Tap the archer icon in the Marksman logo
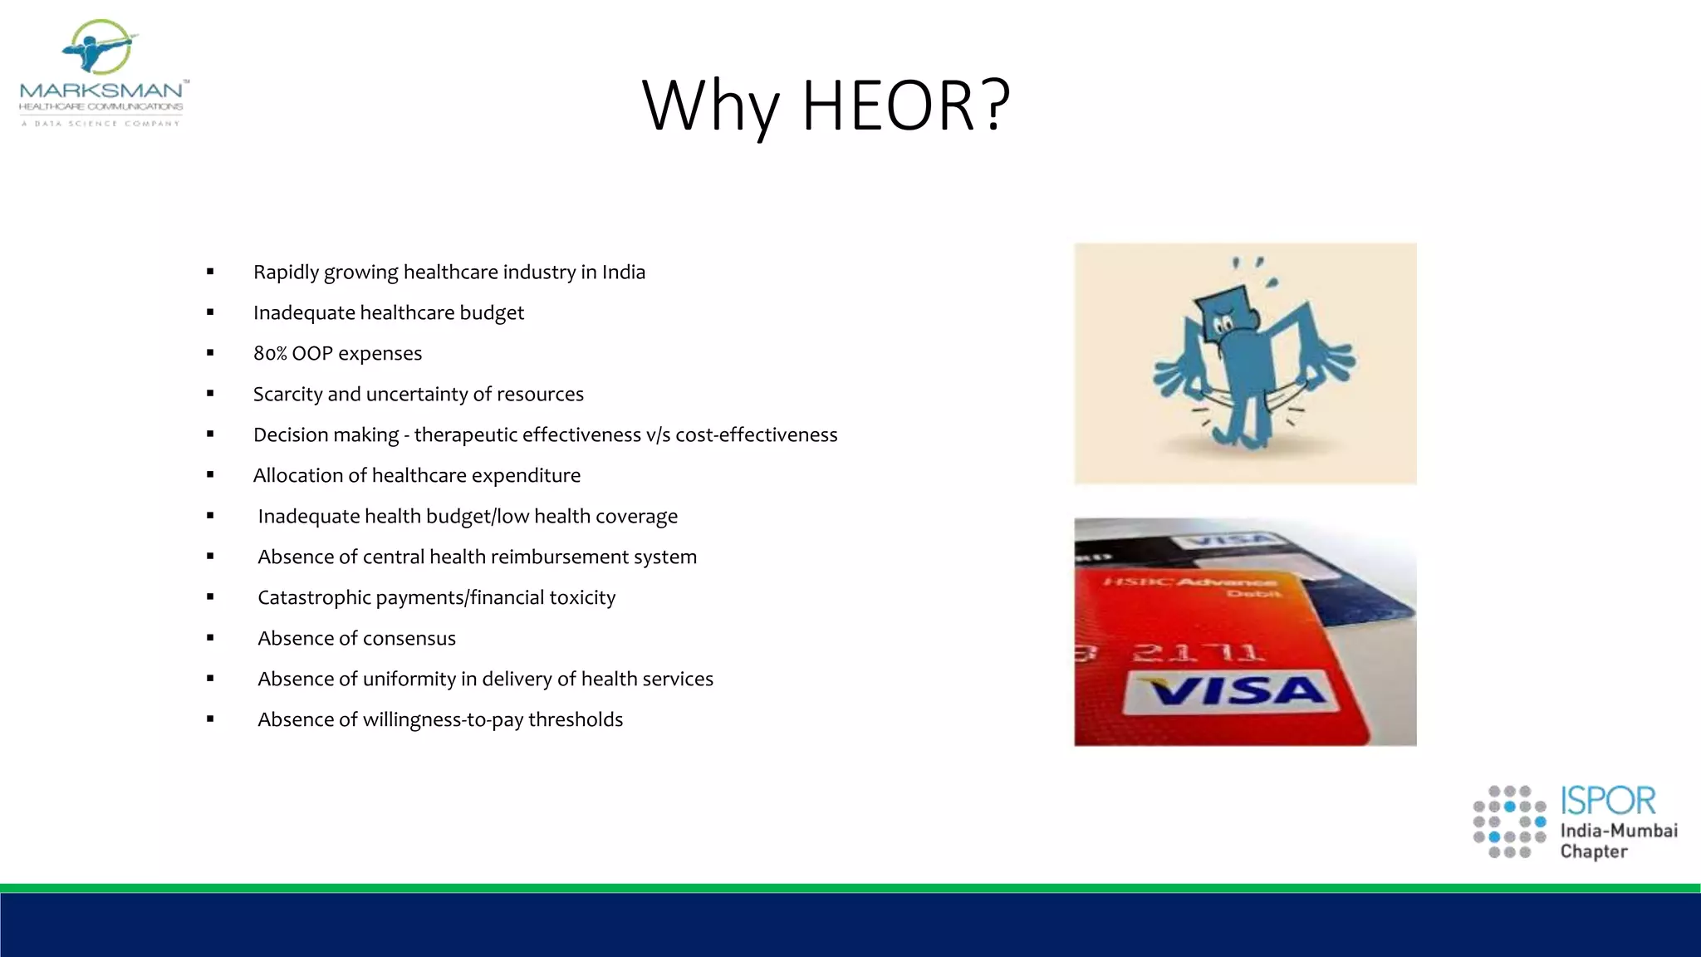100,48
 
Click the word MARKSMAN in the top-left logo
100,90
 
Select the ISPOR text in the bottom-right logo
1607,802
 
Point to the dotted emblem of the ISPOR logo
1509,822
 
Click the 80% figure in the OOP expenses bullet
270,354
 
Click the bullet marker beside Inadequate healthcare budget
210,312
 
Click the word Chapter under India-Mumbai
1593,851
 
